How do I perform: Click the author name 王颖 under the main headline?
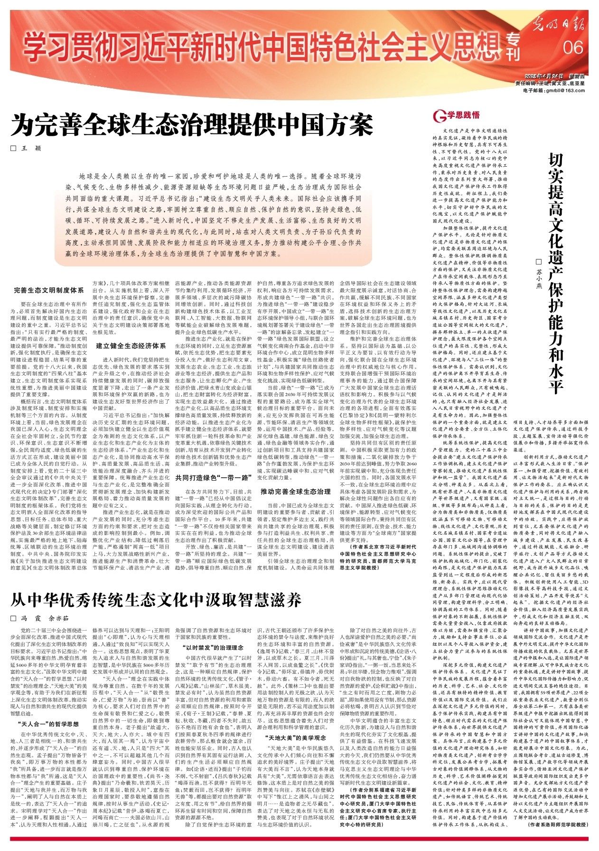click(x=29, y=149)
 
